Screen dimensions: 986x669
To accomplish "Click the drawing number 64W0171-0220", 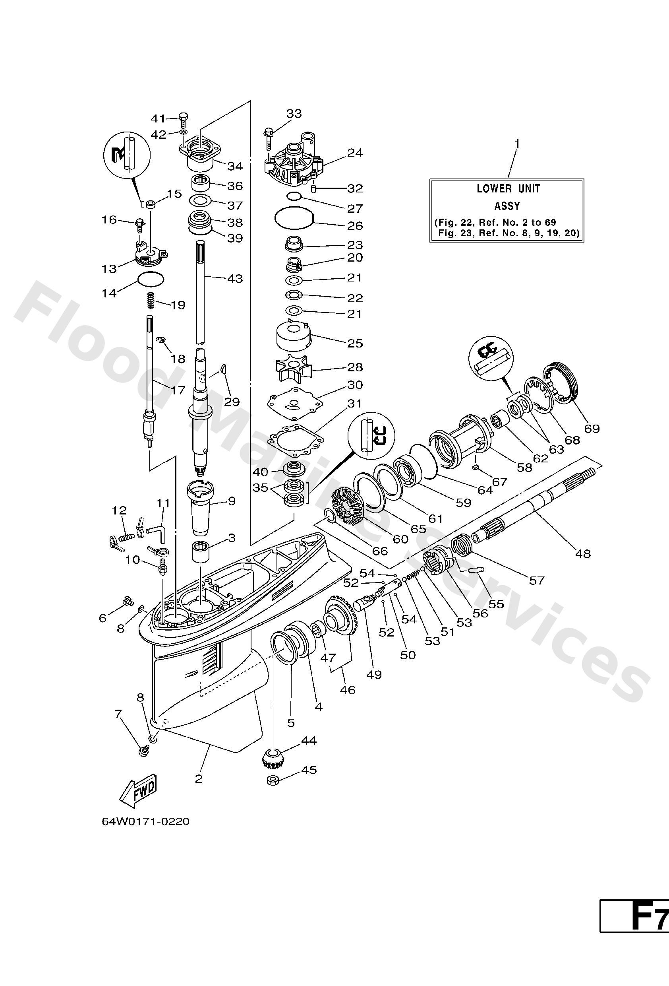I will coord(145,833).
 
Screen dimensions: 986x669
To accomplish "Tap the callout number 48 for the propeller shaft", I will coord(583,553).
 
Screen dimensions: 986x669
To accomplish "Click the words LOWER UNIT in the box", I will coord(509,188).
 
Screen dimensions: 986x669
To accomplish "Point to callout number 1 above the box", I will coord(516,144).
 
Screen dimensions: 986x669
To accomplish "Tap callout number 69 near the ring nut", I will coord(592,429).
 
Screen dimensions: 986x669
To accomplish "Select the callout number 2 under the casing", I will coord(198,778).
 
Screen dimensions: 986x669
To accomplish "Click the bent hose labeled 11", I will coord(159,532).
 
